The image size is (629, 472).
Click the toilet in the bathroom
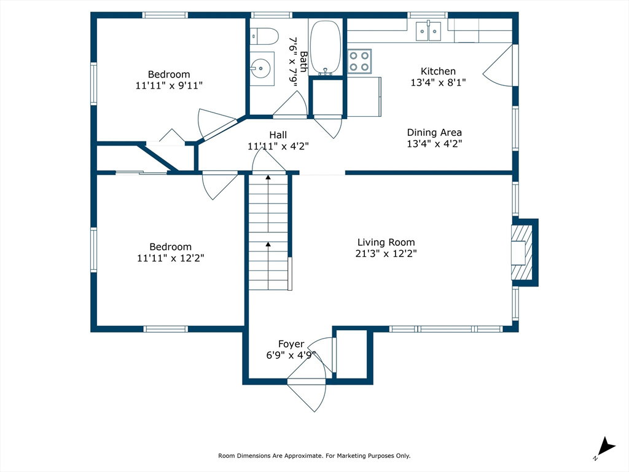click(264, 36)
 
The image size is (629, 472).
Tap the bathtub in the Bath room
click(326, 48)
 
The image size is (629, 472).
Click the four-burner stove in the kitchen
click(359, 61)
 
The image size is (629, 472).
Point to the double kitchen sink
click(428, 31)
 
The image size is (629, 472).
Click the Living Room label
click(386, 242)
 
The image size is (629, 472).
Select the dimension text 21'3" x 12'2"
click(386, 253)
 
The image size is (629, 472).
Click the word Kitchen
click(438, 71)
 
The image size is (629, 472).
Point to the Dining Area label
click(434, 132)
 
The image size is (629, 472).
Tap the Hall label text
click(278, 135)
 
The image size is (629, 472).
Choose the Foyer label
click(291, 344)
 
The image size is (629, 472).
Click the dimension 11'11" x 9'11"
click(169, 85)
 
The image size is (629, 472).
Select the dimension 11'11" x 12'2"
click(171, 258)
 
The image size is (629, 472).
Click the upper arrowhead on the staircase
click(268, 177)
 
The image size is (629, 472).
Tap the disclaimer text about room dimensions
click(314, 455)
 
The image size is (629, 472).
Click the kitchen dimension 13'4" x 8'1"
click(438, 82)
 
